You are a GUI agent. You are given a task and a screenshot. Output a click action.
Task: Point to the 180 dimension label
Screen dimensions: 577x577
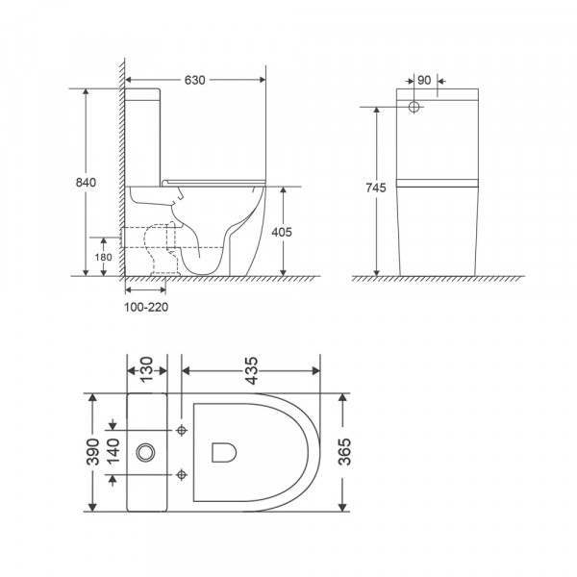coord(103,257)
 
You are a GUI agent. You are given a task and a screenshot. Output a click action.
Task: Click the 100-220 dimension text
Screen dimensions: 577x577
coord(146,307)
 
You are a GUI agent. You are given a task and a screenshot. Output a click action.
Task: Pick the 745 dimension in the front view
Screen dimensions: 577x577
coord(377,189)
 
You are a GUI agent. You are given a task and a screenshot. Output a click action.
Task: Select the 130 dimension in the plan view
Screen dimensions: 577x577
coord(145,368)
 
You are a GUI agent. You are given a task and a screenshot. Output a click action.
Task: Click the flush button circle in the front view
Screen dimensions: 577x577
coord(415,106)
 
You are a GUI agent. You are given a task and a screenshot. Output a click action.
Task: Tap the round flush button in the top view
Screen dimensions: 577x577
coord(148,450)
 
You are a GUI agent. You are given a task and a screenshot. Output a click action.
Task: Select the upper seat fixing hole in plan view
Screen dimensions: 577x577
coord(182,429)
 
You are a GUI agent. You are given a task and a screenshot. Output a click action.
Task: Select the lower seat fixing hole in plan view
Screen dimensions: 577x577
coord(182,472)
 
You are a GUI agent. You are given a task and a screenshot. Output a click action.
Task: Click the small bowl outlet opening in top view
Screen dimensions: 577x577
coord(223,450)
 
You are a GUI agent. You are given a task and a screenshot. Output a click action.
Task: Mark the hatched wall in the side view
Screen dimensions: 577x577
coord(120,173)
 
